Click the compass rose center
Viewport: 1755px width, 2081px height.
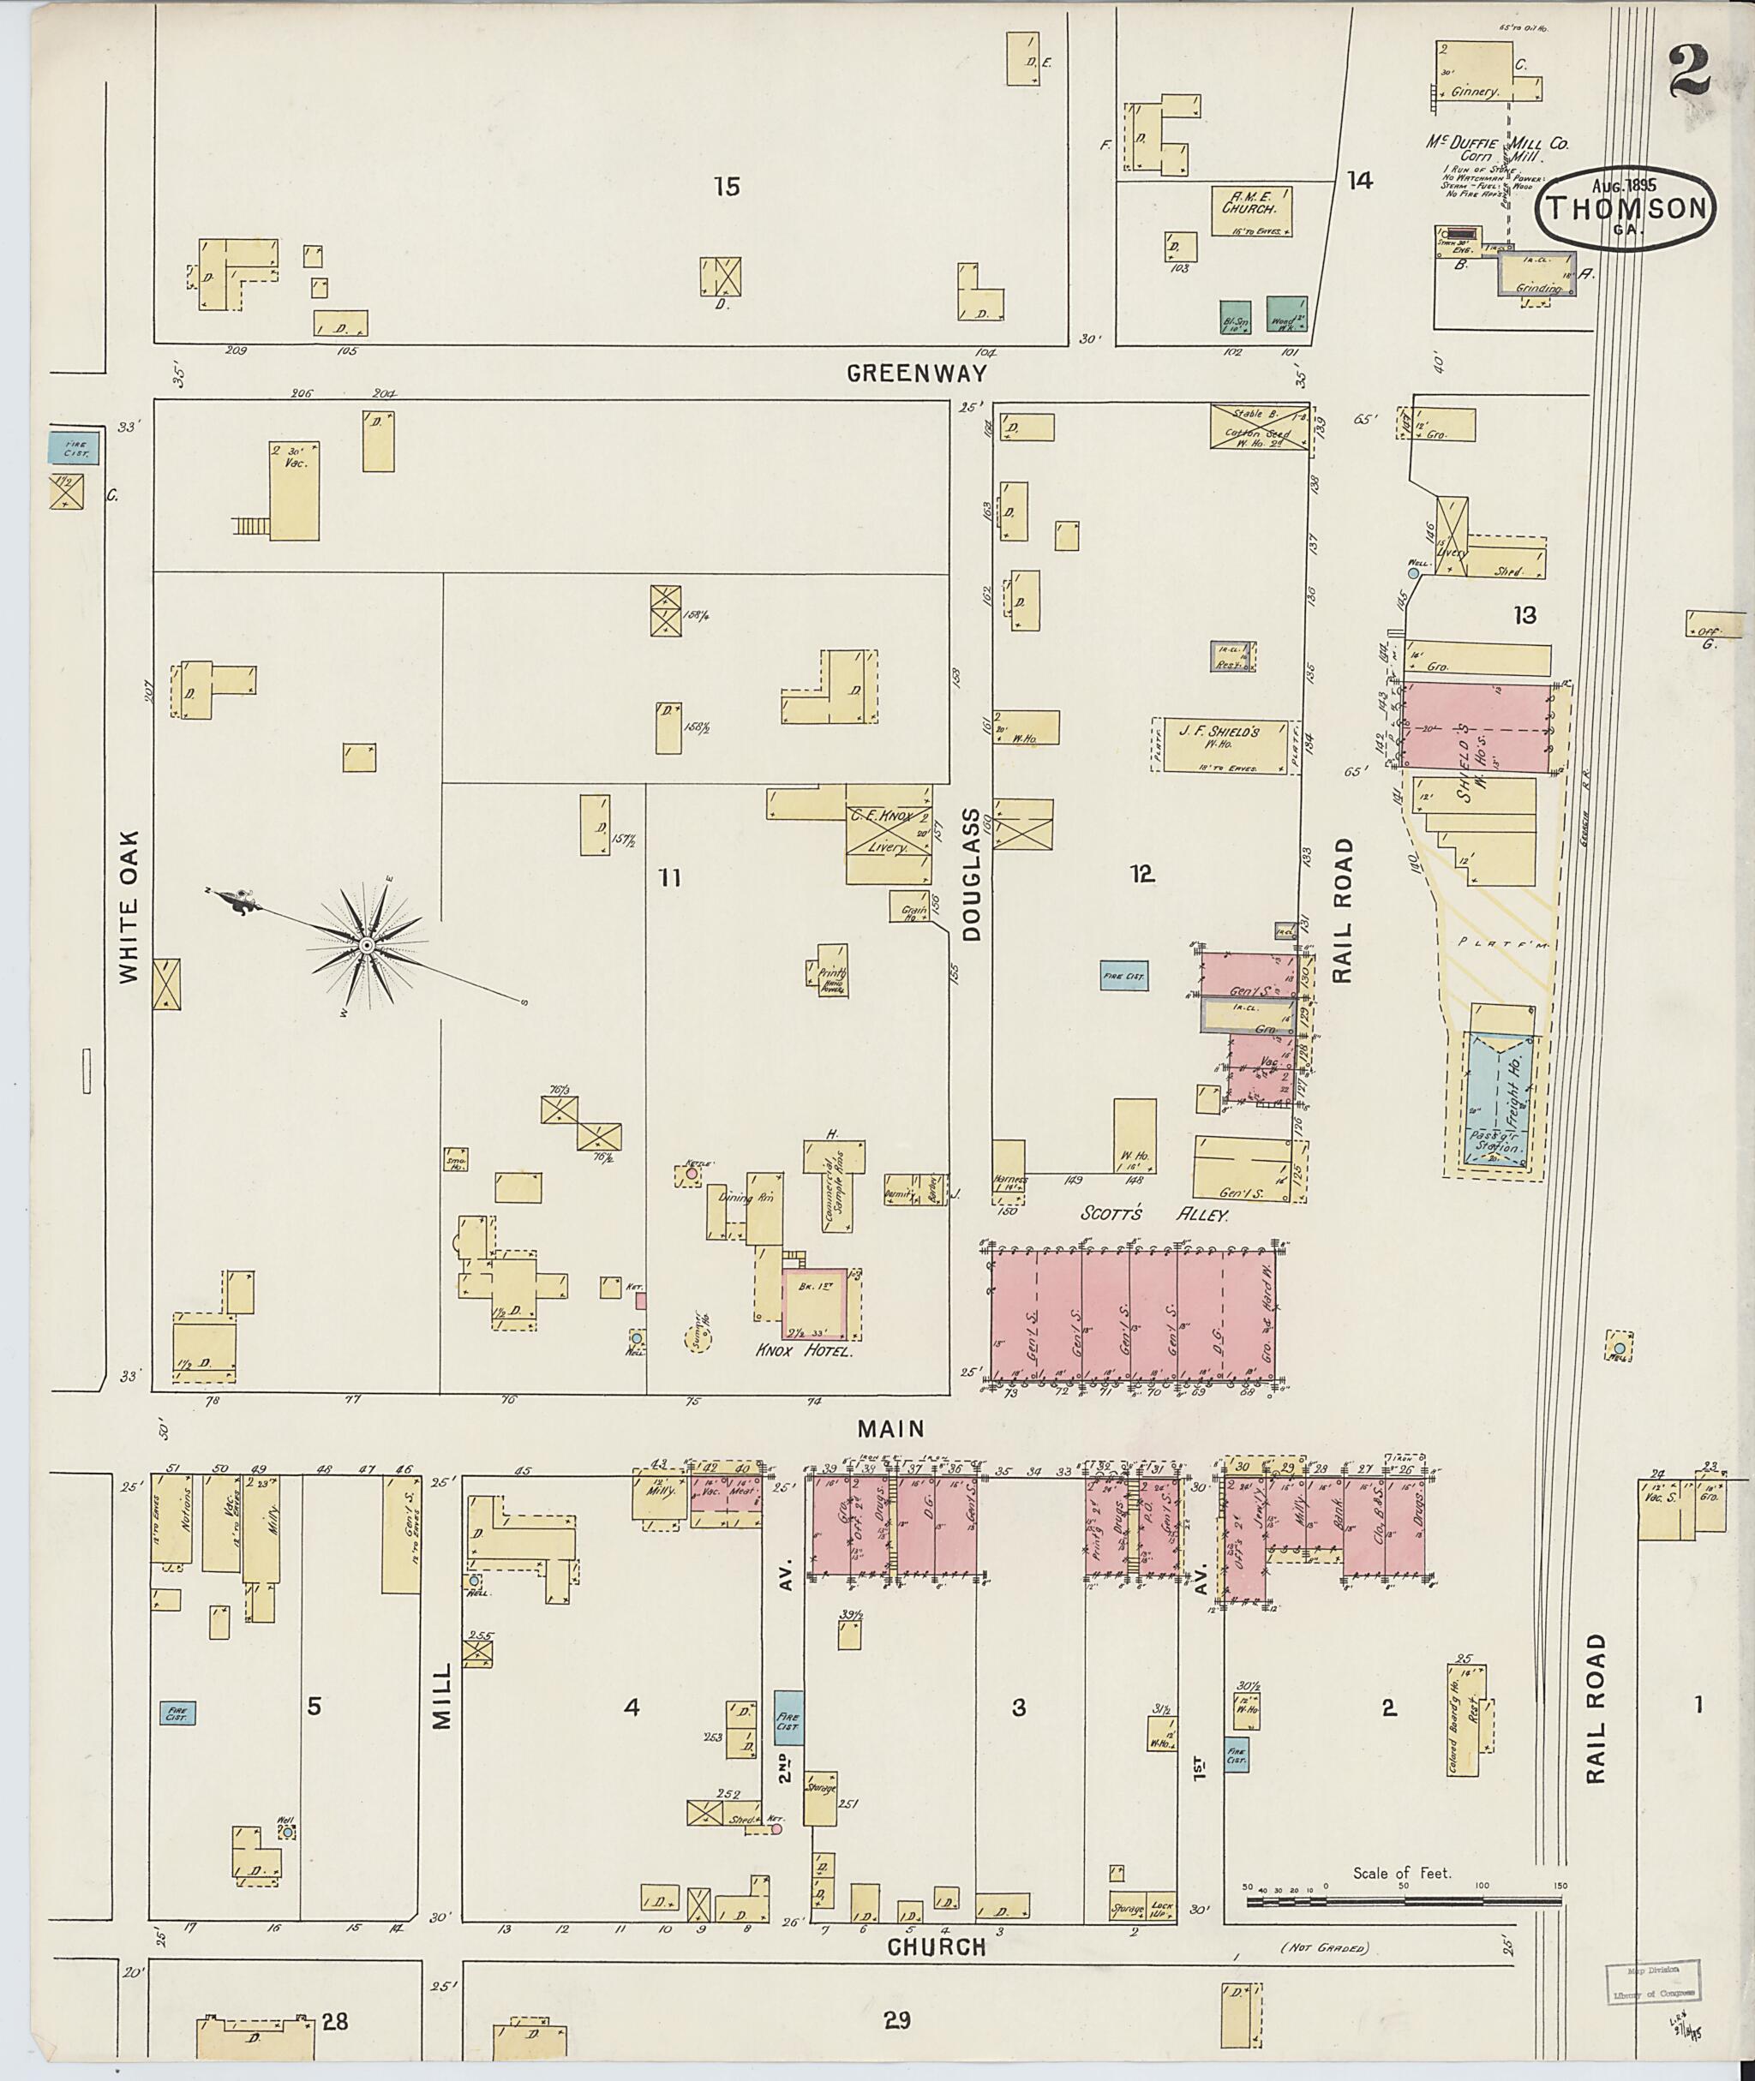point(366,944)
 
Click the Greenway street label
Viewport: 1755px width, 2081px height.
point(916,373)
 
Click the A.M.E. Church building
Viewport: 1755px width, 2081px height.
point(1252,210)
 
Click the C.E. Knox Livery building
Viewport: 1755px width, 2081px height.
point(889,833)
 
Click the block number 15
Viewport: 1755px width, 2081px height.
point(728,186)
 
